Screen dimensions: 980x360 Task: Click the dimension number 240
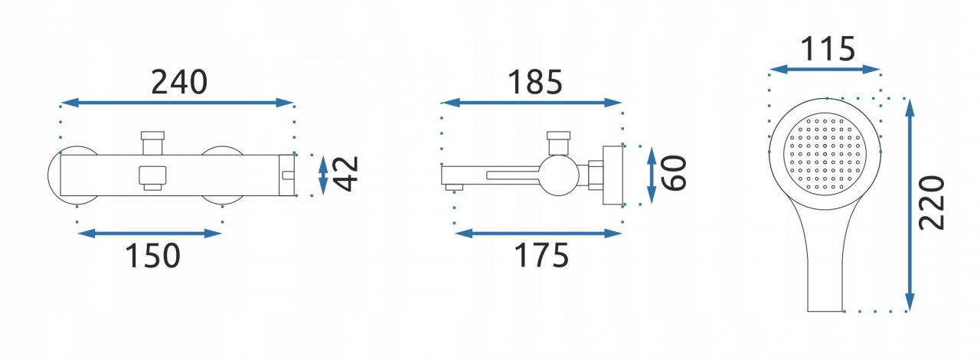point(179,82)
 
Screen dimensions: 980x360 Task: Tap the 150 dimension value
point(152,255)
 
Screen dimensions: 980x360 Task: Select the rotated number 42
point(345,175)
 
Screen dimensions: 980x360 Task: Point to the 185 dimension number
point(534,82)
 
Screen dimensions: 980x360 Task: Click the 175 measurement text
point(541,255)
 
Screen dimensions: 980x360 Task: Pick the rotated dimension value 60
point(674,173)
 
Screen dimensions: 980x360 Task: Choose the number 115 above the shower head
point(828,49)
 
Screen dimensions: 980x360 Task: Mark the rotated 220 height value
point(932,203)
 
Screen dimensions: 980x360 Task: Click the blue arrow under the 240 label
point(177,103)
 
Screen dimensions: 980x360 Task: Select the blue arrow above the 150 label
point(149,233)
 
